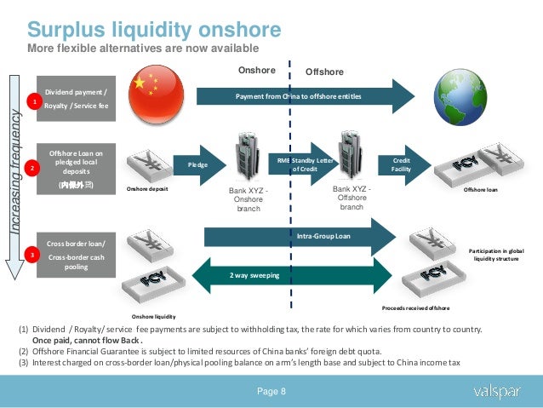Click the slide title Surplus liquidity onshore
click(153, 31)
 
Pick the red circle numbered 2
click(33, 168)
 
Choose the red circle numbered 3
click(33, 253)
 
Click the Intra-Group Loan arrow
click(302, 234)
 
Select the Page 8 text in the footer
click(272, 391)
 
